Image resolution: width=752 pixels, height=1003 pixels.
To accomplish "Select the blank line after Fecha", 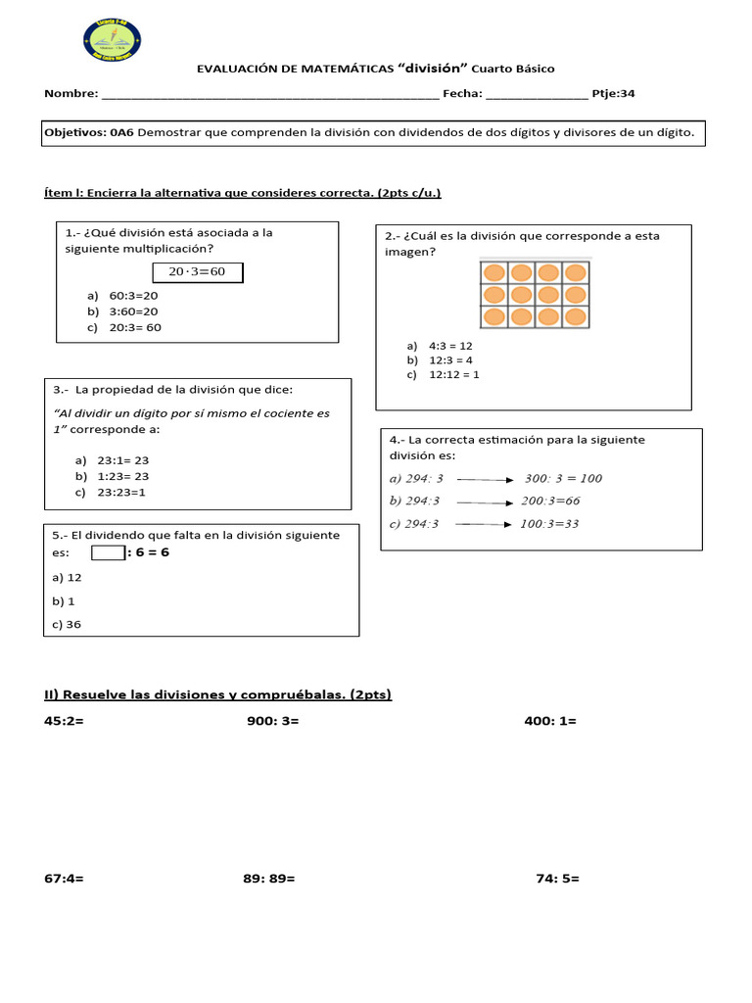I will tap(537, 94).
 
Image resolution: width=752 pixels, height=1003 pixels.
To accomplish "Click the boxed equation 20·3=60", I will tap(197, 272).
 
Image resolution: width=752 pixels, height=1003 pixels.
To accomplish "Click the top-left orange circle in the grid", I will tap(493, 271).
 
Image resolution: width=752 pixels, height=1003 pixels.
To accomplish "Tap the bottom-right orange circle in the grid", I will tap(577, 317).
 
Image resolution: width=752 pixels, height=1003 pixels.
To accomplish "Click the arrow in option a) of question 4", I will tap(486, 479).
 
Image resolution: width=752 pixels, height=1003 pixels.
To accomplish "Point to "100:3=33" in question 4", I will tap(549, 524).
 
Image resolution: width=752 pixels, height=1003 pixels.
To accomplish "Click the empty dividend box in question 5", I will tap(108, 552).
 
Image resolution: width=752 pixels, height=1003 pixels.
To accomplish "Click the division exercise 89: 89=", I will tap(269, 879).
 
